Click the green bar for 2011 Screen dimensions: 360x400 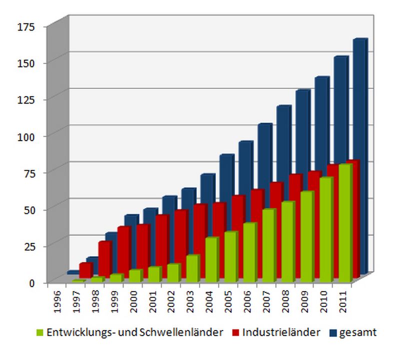[345, 222]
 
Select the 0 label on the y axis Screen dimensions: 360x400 [32, 282]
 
